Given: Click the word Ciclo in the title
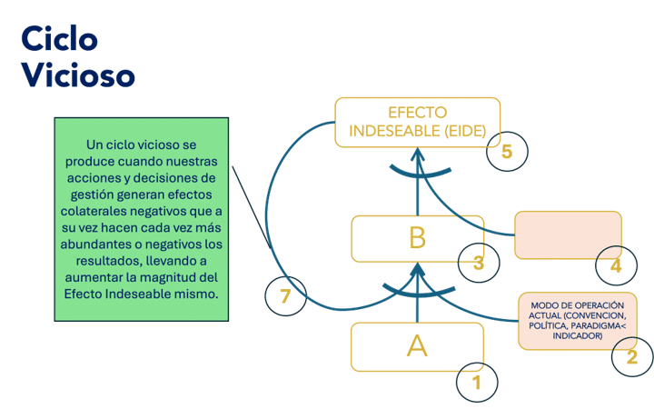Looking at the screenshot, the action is [59, 38].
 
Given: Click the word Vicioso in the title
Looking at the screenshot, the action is [78, 75].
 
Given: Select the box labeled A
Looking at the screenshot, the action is [418, 347].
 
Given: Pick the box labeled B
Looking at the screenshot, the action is [418, 239].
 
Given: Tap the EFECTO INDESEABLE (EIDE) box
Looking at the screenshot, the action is [418, 123].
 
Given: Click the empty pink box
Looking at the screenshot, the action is [568, 235].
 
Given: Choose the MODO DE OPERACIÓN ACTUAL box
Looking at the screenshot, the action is [578, 321].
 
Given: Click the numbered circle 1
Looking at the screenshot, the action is [477, 383].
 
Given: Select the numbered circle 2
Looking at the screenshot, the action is [632, 356].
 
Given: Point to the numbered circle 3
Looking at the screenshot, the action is [479, 263].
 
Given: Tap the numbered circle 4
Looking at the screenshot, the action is [616, 265].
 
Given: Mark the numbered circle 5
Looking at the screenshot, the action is [507, 151].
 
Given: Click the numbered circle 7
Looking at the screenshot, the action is [286, 296].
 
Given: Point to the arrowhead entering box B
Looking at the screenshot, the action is [418, 269].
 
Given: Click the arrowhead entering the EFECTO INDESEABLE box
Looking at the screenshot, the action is [418, 155].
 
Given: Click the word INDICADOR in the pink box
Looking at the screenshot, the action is [578, 336].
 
